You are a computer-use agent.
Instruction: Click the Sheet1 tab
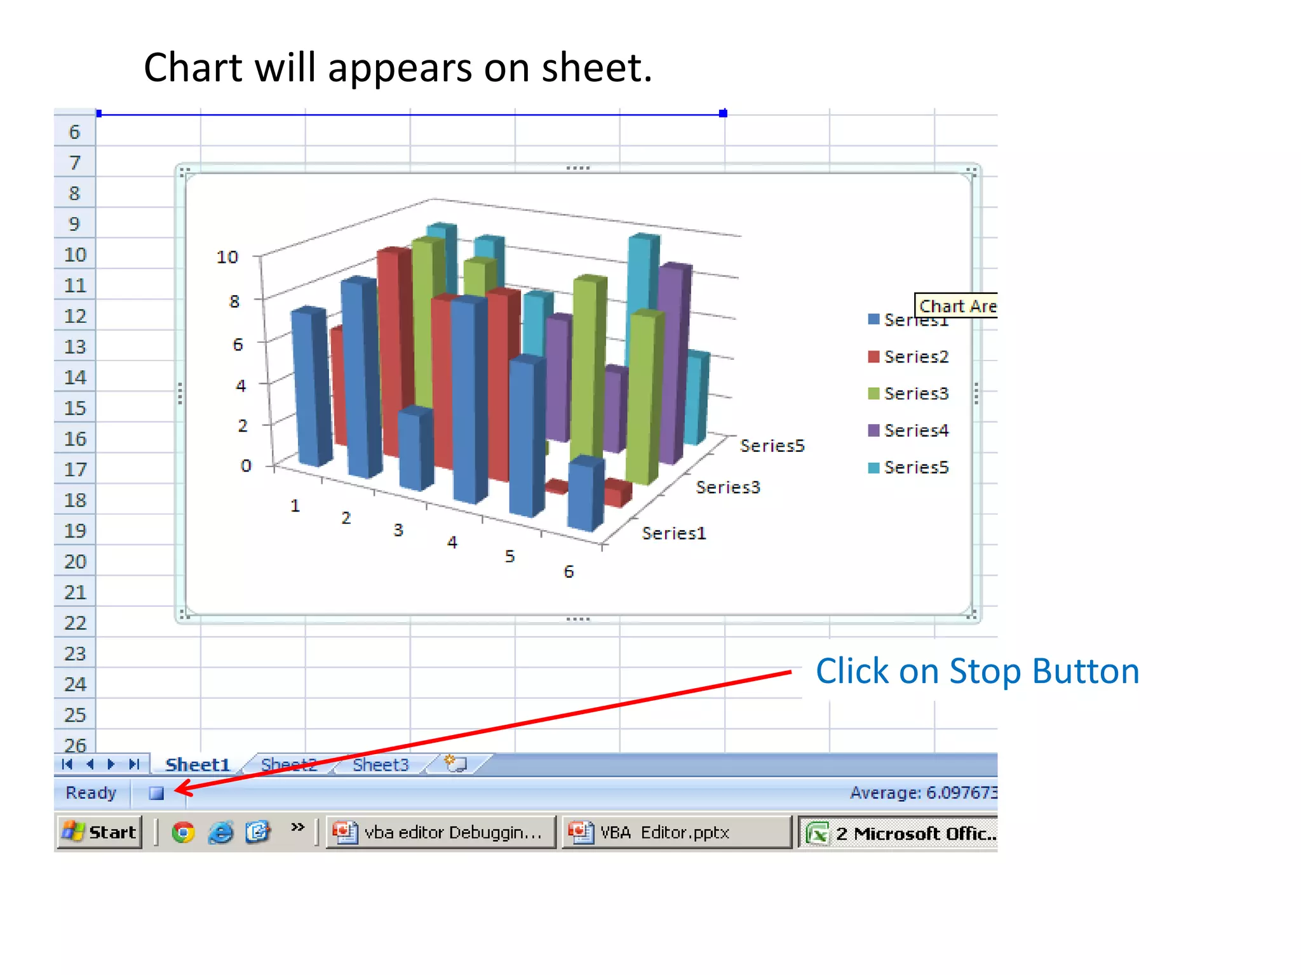tap(197, 765)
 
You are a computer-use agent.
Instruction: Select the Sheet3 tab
tap(381, 765)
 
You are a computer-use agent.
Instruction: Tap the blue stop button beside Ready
tap(156, 793)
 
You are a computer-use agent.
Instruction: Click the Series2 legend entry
tap(915, 357)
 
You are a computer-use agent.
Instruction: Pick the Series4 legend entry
tap(915, 430)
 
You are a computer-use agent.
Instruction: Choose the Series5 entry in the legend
tap(915, 467)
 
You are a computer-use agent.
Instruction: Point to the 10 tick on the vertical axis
tap(227, 257)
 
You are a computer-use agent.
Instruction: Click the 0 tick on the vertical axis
tap(246, 466)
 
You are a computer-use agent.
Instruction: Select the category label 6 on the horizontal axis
tap(569, 572)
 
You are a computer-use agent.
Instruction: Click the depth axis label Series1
tap(673, 533)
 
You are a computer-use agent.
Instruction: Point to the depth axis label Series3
tap(727, 487)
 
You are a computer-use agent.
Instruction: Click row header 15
tap(75, 408)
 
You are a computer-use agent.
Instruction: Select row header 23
tap(75, 654)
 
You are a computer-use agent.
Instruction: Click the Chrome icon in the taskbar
tap(183, 832)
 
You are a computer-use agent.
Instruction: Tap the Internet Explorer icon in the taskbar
tap(220, 832)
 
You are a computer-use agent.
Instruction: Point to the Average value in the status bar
tap(923, 793)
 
